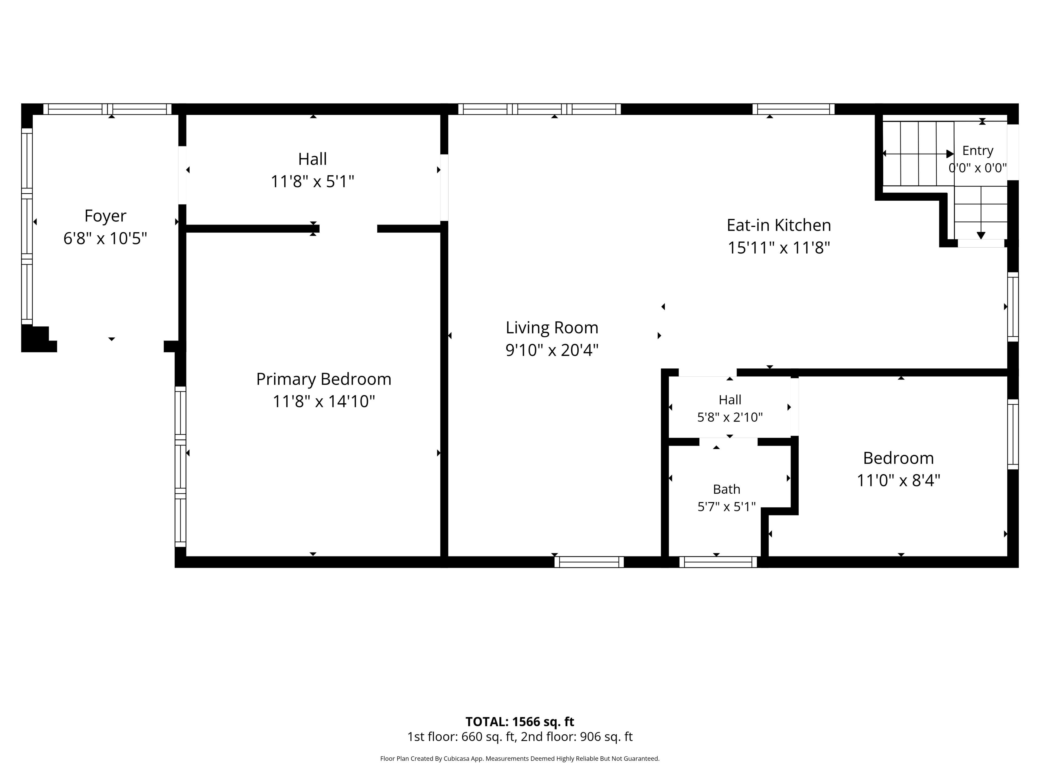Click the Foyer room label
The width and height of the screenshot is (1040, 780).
click(x=105, y=216)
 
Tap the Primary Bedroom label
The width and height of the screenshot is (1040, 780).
click(x=323, y=379)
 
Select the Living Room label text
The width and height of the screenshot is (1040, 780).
click(x=552, y=328)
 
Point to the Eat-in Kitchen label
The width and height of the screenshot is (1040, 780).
click(x=779, y=225)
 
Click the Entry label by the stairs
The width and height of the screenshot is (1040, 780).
click(x=977, y=151)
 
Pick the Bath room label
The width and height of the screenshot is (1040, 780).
click(x=726, y=489)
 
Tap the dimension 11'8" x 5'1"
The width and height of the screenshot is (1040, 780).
click(x=312, y=181)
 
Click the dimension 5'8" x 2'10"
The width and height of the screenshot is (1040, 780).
click(x=730, y=417)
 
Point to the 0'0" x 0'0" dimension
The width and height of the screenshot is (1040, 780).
click(x=977, y=168)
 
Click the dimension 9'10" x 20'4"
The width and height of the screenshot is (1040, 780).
click(x=552, y=350)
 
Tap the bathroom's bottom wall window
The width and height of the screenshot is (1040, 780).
click(x=718, y=562)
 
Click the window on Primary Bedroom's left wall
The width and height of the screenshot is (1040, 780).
click(x=181, y=466)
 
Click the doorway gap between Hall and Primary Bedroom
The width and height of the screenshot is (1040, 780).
click(x=348, y=229)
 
